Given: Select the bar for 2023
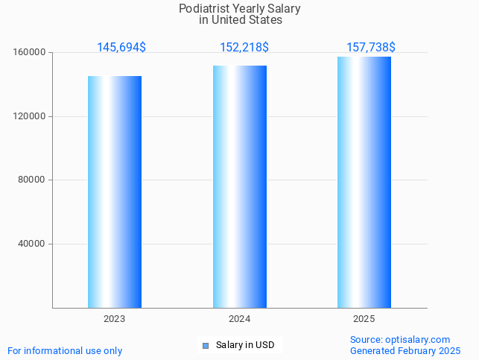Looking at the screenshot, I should click(115, 192).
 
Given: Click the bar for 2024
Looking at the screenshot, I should click(240, 186).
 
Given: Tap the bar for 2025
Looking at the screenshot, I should click(364, 182).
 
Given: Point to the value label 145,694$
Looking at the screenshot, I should click(121, 48).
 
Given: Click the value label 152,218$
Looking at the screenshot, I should click(244, 48).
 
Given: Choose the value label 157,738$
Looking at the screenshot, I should click(371, 48).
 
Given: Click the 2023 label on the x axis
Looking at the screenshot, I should click(115, 319).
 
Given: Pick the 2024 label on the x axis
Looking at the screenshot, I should click(240, 319).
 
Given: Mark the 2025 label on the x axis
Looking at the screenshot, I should click(364, 319).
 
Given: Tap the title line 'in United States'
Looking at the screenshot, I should click(240, 20).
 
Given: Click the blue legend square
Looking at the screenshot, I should click(206, 345).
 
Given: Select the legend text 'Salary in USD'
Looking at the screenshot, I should click(245, 345).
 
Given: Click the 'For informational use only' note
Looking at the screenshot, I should click(65, 350).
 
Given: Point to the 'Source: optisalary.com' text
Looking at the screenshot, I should click(400, 339).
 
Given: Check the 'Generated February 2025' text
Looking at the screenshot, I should click(405, 350).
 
